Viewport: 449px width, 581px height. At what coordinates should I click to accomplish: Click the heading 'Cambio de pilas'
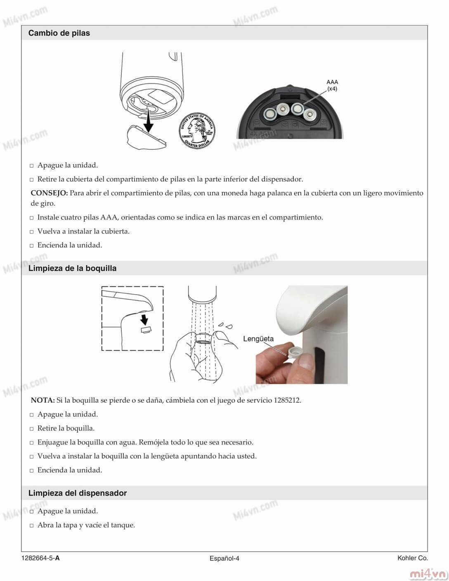59,33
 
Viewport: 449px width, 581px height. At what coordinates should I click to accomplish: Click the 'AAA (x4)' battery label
332,85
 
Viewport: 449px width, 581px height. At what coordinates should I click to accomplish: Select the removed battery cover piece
145,137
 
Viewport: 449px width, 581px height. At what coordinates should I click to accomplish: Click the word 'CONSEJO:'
49,193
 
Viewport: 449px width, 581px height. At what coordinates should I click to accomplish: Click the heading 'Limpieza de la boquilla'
72,268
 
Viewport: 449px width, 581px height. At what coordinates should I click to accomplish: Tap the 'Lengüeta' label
258,339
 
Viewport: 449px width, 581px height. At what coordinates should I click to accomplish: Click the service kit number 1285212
287,400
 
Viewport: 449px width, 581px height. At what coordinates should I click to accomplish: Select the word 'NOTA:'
43,400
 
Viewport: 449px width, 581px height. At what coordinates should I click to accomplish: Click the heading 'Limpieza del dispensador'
78,493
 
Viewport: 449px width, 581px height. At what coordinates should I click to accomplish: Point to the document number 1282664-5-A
41,558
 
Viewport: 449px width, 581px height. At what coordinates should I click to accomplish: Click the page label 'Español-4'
224,558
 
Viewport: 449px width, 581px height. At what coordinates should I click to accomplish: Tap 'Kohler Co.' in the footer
412,558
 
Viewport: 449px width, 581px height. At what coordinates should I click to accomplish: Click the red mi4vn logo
428,574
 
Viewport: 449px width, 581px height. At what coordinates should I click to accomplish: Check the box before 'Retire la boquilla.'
32,429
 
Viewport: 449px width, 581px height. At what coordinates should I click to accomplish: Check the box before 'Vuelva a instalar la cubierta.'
32,232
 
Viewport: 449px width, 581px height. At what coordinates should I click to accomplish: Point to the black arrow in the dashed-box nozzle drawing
144,319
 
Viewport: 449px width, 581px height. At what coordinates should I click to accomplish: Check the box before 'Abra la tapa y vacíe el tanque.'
32,526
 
